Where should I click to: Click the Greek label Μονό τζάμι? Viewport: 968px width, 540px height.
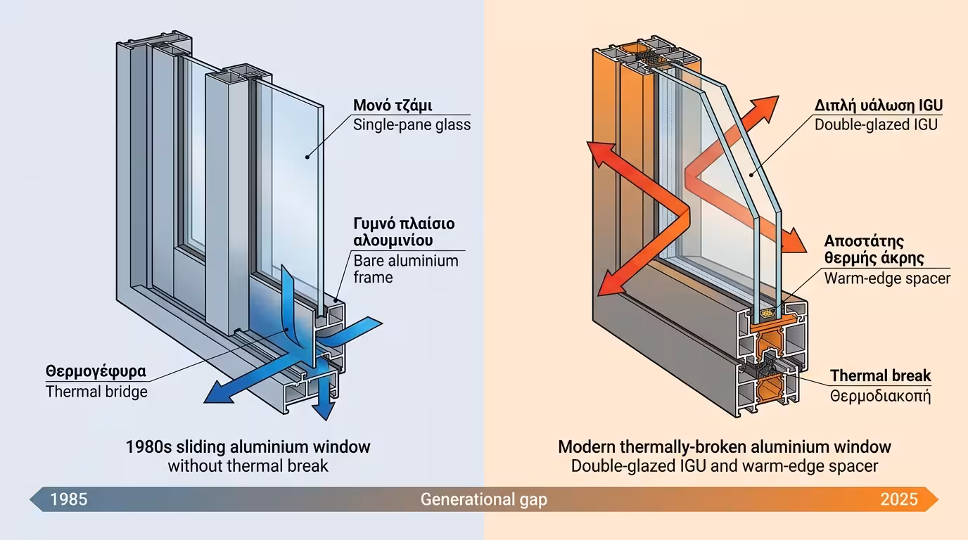393,106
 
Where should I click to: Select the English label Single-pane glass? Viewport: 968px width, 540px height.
412,125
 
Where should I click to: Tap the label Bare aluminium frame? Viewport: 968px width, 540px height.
405,269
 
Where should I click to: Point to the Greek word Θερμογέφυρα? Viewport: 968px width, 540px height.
96,371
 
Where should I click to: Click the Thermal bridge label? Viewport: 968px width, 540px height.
96,392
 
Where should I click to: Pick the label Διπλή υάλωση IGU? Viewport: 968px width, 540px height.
879,105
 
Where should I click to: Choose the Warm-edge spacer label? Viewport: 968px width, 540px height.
887,278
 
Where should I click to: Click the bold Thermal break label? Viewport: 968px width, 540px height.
880,375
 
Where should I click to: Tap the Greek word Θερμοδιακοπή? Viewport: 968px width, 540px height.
880,396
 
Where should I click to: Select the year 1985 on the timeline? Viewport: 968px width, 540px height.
69,499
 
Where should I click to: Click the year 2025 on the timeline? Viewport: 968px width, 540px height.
898,499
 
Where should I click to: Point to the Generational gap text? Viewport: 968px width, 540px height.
483,499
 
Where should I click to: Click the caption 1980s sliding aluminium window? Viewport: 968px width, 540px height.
248,446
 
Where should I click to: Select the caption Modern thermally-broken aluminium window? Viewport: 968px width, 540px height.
724,446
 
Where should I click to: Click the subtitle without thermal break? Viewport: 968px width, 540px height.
248,465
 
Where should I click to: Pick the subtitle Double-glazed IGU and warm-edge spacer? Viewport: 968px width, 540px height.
724,465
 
